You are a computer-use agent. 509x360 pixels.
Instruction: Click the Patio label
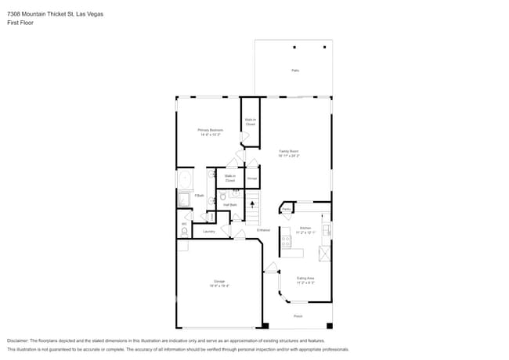(295, 70)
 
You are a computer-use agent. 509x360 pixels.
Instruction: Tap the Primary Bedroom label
(210, 130)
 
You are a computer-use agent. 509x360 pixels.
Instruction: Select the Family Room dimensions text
(288, 156)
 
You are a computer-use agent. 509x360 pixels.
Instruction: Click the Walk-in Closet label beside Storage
(230, 178)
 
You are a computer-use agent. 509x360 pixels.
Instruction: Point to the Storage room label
(252, 179)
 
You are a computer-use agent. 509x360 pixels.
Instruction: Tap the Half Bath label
(230, 204)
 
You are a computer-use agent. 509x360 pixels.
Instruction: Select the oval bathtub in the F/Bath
(185, 179)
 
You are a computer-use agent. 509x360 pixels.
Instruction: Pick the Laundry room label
(208, 232)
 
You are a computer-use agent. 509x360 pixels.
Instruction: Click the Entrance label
(263, 230)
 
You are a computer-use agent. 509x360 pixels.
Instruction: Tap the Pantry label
(287, 209)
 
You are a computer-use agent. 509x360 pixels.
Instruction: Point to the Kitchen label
(305, 228)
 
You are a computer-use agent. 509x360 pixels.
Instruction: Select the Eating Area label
(305, 278)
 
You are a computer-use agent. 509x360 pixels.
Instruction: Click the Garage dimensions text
(218, 286)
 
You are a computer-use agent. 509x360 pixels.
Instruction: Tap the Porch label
(298, 316)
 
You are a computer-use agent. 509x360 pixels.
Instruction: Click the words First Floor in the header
(21, 23)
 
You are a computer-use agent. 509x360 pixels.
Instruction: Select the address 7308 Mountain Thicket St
(44, 14)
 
